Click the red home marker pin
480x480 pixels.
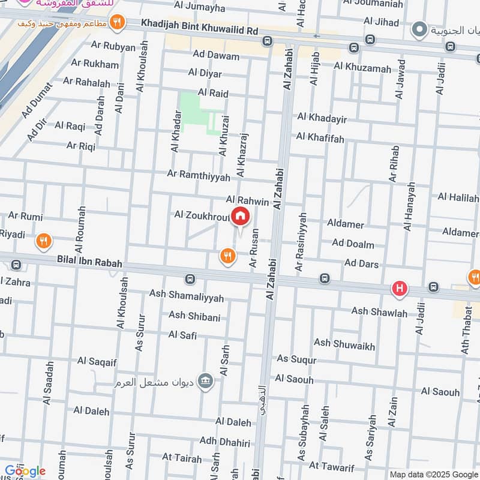click(240, 217)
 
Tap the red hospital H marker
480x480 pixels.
click(400, 289)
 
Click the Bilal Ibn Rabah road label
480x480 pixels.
click(89, 263)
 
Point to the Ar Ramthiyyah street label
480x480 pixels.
click(199, 176)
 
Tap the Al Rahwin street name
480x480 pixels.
click(247, 199)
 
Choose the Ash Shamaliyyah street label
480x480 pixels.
click(187, 298)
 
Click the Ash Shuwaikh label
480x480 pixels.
click(344, 344)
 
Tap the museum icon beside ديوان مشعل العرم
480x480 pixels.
click(206, 380)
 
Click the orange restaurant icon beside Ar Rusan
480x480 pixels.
click(227, 257)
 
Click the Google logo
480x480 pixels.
click(25, 471)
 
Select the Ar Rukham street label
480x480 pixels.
click(95, 63)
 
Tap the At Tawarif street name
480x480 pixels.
click(332, 466)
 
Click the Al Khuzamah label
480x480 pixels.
click(362, 68)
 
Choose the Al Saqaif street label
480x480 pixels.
click(100, 361)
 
